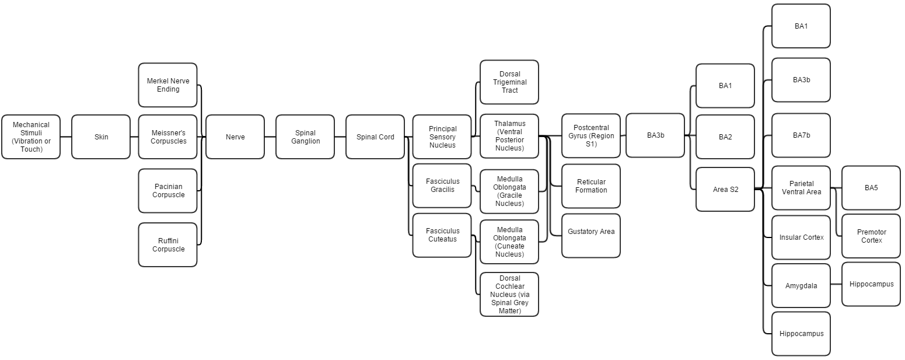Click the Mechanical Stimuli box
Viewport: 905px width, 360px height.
click(x=31, y=137)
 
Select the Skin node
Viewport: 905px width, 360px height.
click(x=101, y=137)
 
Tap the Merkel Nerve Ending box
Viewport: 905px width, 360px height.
click(x=168, y=85)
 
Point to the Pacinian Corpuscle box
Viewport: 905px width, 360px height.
click(x=168, y=191)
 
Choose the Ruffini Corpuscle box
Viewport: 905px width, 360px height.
click(x=168, y=245)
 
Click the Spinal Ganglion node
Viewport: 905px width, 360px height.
click(x=305, y=137)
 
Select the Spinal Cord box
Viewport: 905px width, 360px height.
click(x=375, y=137)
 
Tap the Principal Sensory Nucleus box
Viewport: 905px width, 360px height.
click(x=442, y=137)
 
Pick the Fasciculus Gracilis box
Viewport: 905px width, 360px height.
click(x=442, y=186)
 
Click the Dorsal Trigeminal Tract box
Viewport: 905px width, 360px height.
click(x=509, y=82)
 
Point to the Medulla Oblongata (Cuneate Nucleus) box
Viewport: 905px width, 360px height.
click(x=509, y=242)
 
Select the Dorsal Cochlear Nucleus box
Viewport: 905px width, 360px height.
click(x=509, y=295)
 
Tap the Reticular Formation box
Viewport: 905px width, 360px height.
click(x=591, y=186)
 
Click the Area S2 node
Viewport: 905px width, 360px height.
click(x=725, y=190)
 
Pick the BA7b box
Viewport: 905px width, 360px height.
click(x=801, y=135)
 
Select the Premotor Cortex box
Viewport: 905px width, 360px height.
click(x=871, y=236)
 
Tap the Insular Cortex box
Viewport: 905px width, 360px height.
click(x=801, y=237)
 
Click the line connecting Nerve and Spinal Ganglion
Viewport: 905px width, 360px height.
click(x=270, y=137)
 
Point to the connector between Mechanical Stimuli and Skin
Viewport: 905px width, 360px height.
click(x=66, y=137)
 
